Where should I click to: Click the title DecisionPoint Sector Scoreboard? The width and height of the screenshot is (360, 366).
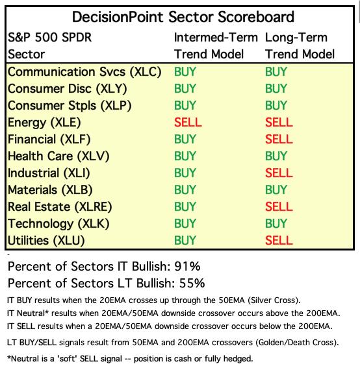[x=183, y=17]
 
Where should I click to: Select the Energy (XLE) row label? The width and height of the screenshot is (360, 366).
[x=44, y=123]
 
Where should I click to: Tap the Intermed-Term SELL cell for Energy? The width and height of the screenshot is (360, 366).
[x=188, y=122]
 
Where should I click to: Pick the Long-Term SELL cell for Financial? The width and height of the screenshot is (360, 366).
[x=279, y=139]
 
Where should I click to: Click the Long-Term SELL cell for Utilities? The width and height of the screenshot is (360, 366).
[x=279, y=240]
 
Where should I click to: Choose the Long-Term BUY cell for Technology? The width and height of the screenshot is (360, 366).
[x=276, y=223]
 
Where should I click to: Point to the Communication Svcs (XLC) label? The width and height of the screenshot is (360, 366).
[x=84, y=71]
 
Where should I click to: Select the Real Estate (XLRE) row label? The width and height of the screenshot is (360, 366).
[x=60, y=207]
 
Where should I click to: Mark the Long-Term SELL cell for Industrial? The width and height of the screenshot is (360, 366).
[x=279, y=173]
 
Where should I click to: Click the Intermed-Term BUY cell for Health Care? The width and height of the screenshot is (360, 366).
[x=185, y=156]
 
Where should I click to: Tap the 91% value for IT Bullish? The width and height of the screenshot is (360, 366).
[x=187, y=266]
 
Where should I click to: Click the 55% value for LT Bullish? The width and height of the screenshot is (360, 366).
[x=192, y=283]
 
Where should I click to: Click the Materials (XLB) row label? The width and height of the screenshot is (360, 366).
[x=50, y=189]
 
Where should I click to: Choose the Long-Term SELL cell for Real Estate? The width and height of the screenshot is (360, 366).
[x=279, y=206]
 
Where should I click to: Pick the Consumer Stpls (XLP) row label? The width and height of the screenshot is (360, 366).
[x=70, y=106]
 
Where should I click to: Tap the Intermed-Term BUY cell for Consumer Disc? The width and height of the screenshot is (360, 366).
[x=185, y=88]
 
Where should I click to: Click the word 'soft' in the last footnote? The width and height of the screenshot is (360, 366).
[x=67, y=358]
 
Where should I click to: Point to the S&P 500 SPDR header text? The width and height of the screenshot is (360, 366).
[x=49, y=38]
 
